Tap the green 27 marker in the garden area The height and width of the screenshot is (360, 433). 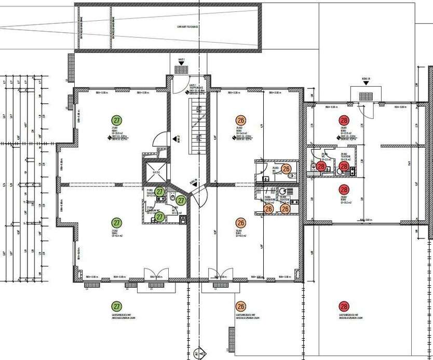pos(117,306)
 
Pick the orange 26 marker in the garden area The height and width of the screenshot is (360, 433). pos(240,306)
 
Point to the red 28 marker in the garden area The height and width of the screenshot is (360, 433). pos(344,306)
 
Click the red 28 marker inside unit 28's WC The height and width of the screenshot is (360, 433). pos(321,167)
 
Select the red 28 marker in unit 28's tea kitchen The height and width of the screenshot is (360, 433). pos(343,167)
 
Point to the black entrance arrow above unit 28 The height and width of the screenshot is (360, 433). pos(366,82)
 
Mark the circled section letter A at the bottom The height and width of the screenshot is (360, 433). pos(200,355)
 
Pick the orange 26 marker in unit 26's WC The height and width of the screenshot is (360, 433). pos(286,169)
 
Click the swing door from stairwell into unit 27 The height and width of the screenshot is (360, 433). pos(163,139)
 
